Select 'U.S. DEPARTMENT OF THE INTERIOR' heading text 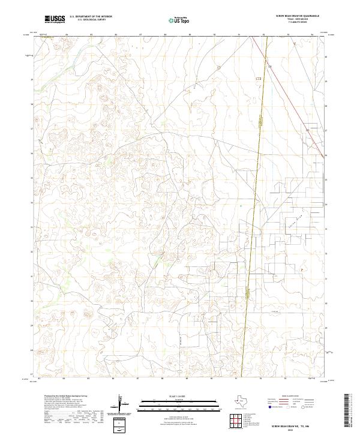[91, 17]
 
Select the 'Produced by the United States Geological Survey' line [57, 397]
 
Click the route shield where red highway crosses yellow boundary [259, 78]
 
